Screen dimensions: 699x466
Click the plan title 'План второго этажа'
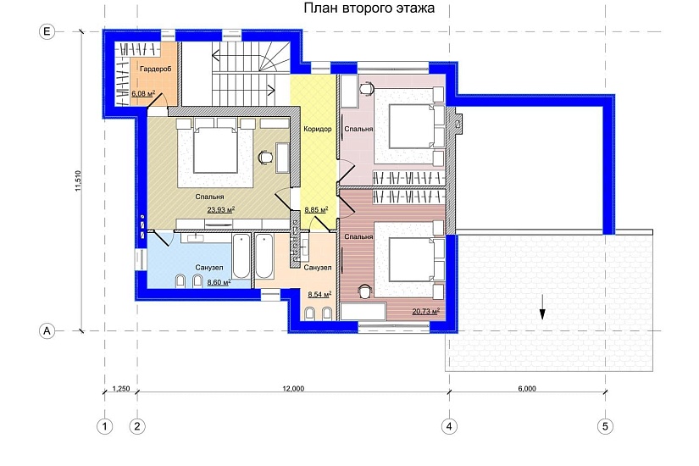[x=369, y=8]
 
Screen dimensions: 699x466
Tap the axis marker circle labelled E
[x=47, y=31]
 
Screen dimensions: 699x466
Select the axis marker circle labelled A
[x=47, y=331]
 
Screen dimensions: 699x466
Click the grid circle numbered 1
[x=105, y=426]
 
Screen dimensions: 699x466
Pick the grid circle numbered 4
[x=449, y=426]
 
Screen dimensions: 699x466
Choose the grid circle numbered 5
[x=605, y=426]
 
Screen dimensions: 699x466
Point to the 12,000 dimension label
[x=293, y=388]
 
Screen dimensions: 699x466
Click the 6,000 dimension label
[x=527, y=388]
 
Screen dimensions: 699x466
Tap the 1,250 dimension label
[x=121, y=388]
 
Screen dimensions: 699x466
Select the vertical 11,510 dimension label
[x=78, y=181]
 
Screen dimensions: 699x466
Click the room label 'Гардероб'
[x=156, y=69]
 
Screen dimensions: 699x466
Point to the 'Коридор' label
[x=318, y=129]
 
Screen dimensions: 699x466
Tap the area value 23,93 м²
[x=220, y=209]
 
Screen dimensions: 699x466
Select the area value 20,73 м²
[x=425, y=311]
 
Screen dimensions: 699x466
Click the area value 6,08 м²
[x=143, y=94]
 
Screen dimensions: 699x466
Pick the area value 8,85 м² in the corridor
[x=317, y=209]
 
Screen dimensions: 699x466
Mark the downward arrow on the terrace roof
[x=542, y=308]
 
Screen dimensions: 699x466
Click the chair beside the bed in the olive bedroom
[x=265, y=157]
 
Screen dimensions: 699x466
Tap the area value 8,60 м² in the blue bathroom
[x=219, y=282]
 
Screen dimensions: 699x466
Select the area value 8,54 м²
[x=319, y=294]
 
